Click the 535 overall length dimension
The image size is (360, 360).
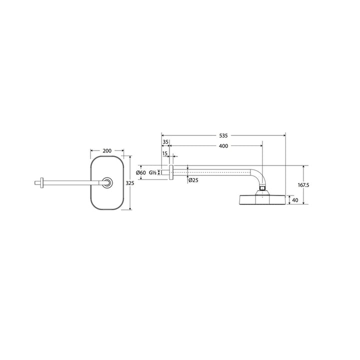[223, 135]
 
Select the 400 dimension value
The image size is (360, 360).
[223, 146]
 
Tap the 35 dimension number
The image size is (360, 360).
[165, 142]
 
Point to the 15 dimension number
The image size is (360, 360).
[165, 153]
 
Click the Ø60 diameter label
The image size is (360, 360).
[140, 172]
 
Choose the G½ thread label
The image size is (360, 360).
[152, 172]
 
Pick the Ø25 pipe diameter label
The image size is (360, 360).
[193, 180]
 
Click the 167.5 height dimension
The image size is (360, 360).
[303, 185]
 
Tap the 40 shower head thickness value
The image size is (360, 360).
[295, 200]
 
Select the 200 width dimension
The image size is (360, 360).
[107, 151]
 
